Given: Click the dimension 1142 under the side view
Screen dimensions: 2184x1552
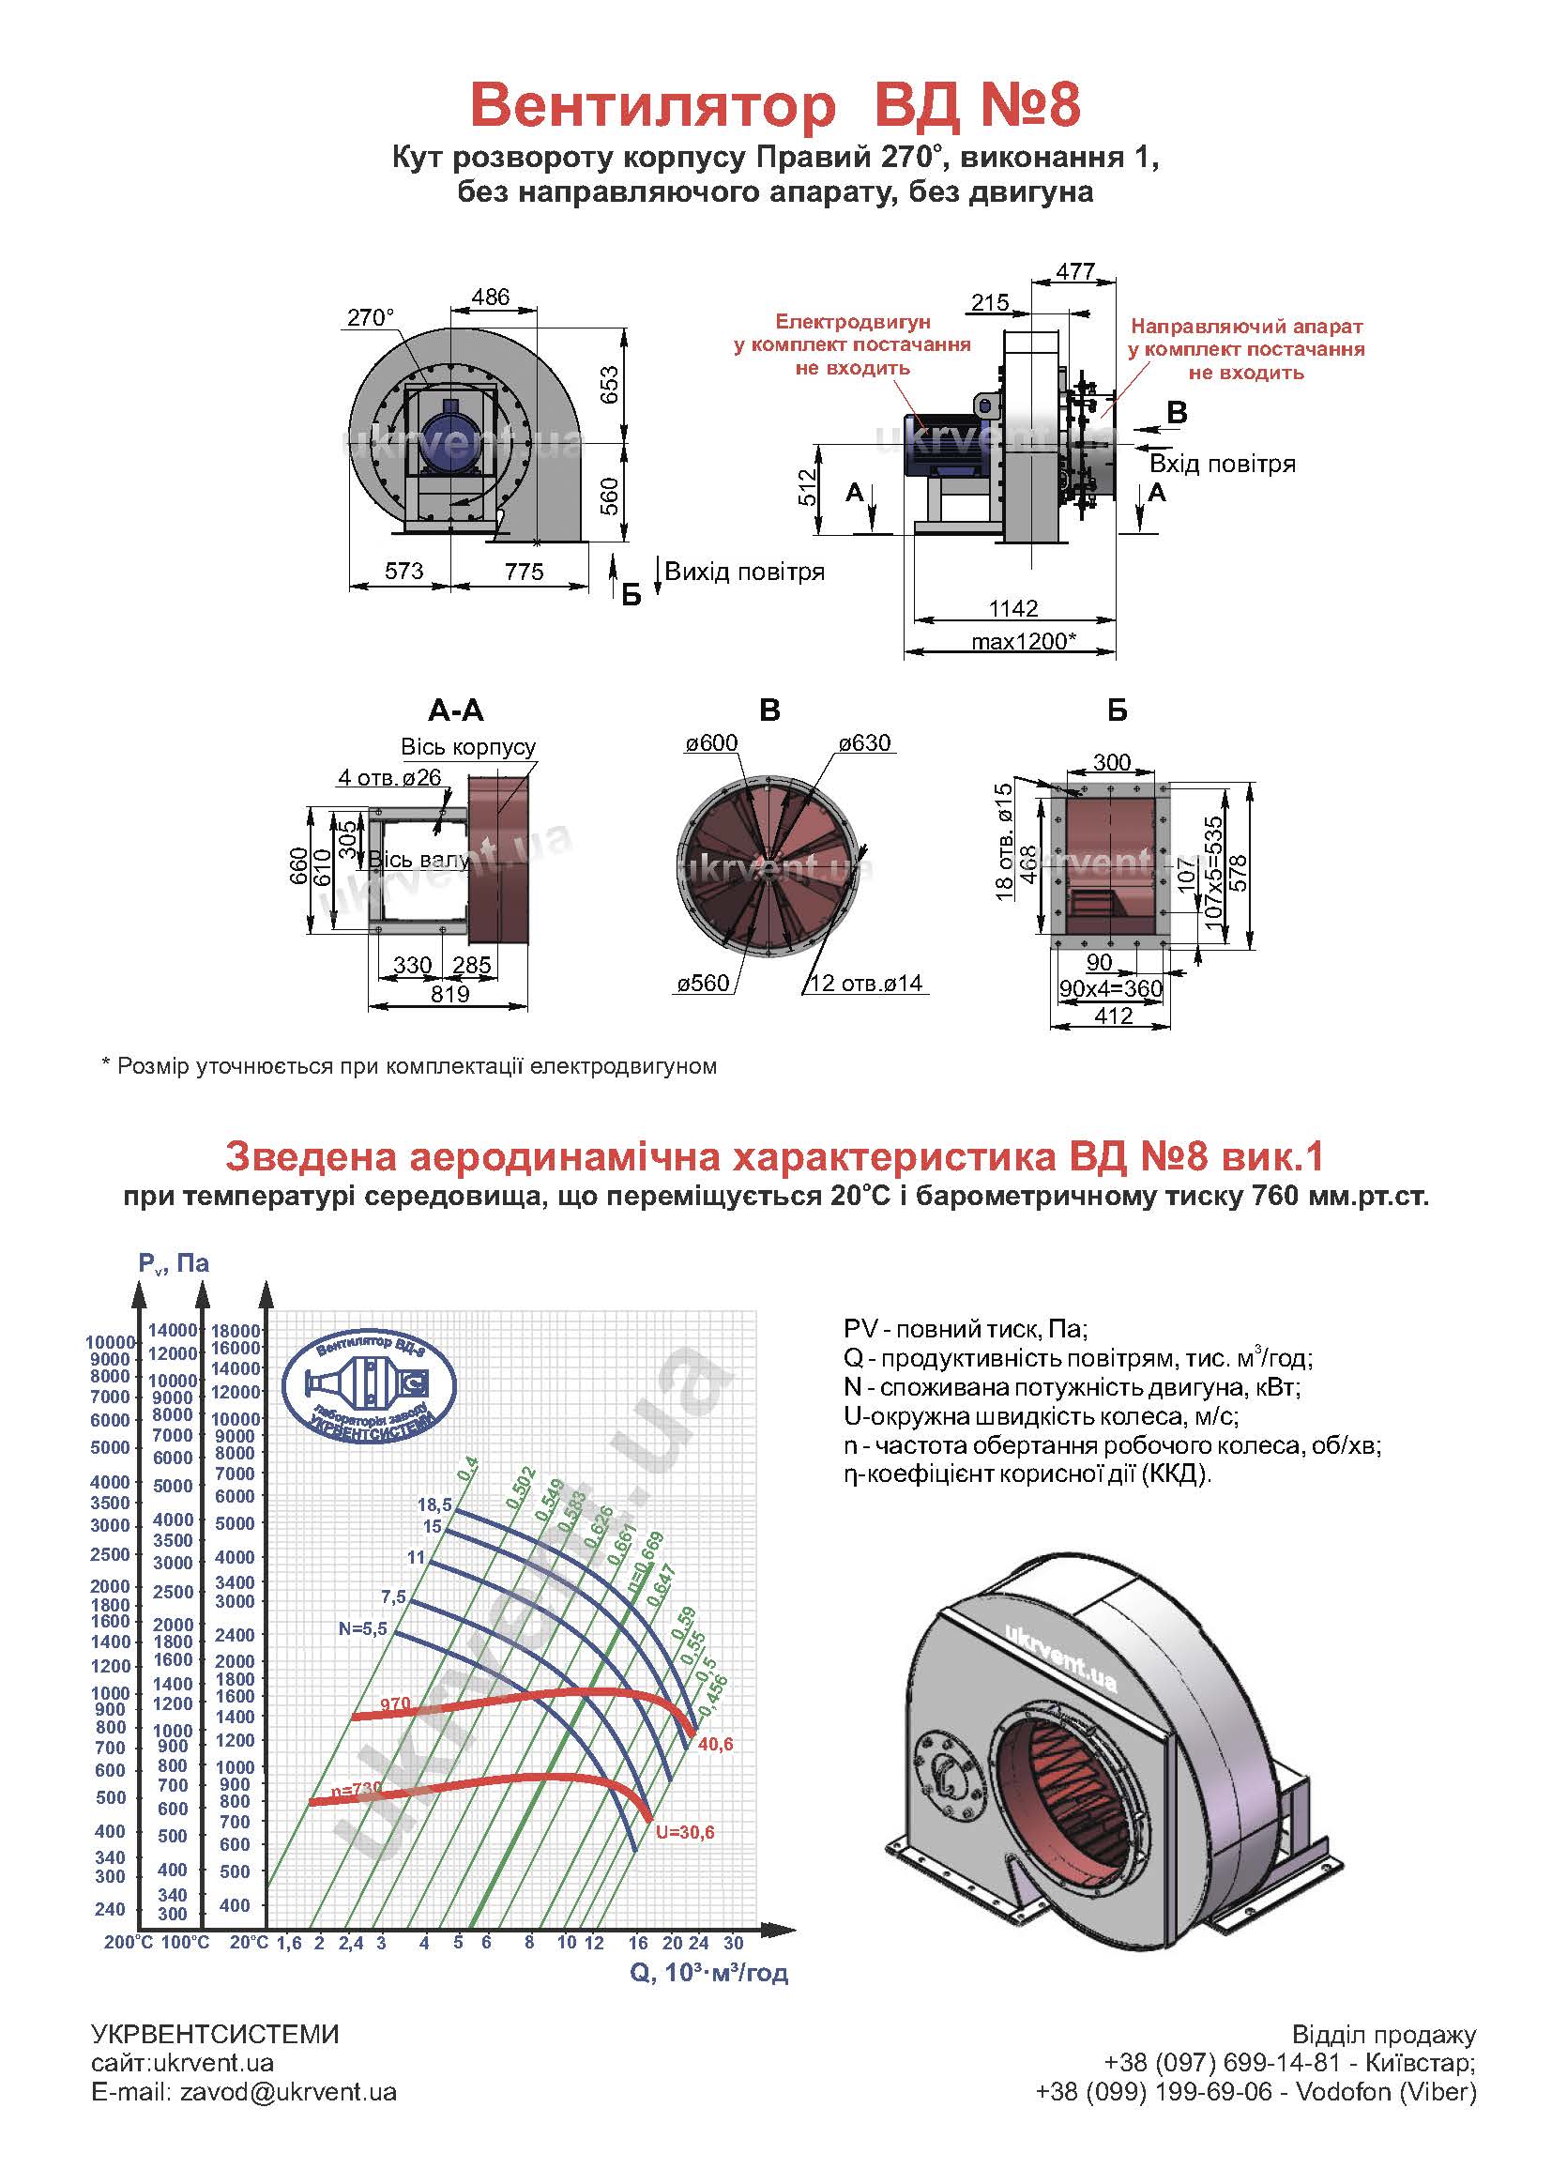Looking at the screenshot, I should point(1013,608).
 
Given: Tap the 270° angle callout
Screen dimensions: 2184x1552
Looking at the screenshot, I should point(370,317).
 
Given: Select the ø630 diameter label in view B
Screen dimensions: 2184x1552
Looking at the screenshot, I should point(864,743).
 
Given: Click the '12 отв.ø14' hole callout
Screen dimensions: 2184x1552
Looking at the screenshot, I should point(867,984).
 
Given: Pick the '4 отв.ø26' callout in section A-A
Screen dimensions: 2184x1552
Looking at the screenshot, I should point(390,777).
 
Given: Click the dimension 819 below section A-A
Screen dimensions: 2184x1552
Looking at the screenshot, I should point(449,994).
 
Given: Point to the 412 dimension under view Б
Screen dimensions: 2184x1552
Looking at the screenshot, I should point(1113,1016).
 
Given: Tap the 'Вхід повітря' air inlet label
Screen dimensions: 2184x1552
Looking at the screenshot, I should point(1223,465).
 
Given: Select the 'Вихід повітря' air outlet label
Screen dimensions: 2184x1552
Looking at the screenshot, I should point(744,573).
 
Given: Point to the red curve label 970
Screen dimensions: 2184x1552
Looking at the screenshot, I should point(395,1703).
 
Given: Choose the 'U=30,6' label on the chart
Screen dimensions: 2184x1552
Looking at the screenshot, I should point(685,1832).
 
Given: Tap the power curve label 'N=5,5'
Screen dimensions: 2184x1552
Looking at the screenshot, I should point(362,1628).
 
